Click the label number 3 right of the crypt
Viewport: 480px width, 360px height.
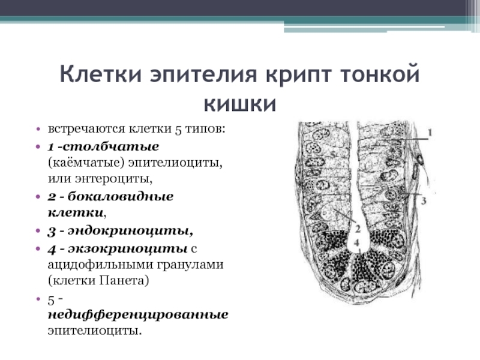[x=423, y=202]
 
